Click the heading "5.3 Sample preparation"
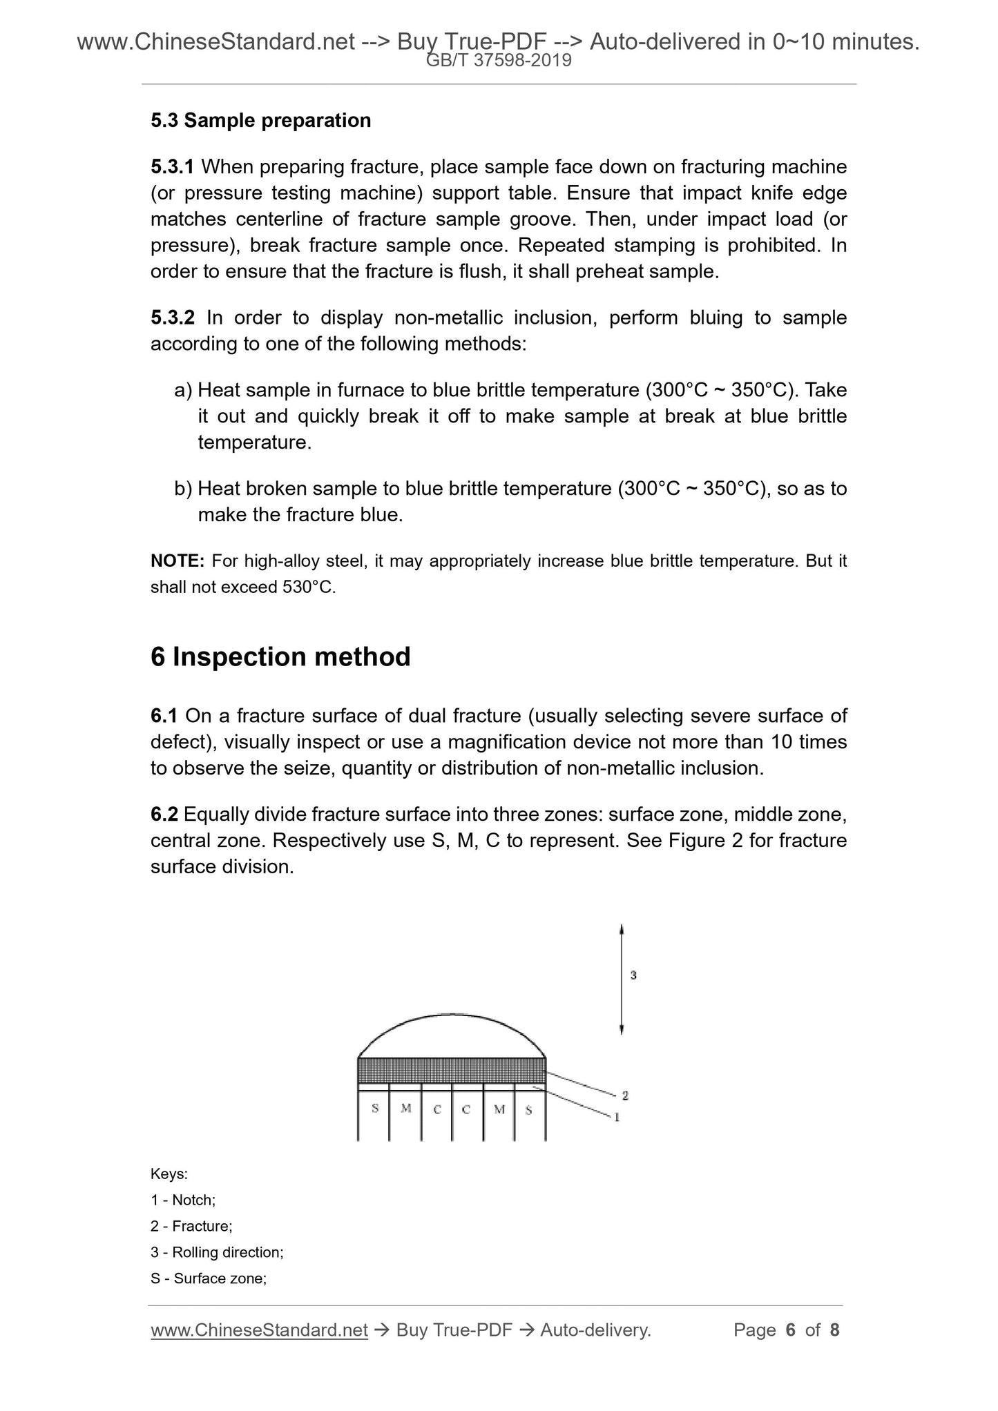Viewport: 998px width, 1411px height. [x=260, y=121]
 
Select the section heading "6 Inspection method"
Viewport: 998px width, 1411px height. [x=280, y=656]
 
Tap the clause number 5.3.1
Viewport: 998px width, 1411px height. [x=172, y=167]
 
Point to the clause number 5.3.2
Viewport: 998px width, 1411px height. [x=173, y=318]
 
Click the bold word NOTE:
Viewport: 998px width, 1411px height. [x=177, y=561]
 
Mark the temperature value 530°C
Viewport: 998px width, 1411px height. [x=308, y=587]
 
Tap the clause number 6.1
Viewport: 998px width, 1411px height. [x=164, y=717]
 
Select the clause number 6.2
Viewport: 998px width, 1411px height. [x=164, y=815]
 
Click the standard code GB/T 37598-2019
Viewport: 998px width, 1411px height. [x=499, y=61]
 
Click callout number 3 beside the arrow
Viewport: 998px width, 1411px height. [x=633, y=975]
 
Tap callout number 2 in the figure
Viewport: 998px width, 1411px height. [x=624, y=1095]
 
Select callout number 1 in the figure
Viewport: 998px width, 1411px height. [x=617, y=1116]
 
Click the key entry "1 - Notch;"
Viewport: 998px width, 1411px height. [x=183, y=1200]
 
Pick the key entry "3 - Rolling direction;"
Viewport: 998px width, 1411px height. [x=217, y=1252]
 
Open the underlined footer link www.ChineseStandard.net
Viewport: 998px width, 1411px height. [x=259, y=1330]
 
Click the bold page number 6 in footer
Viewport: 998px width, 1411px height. [x=791, y=1330]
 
